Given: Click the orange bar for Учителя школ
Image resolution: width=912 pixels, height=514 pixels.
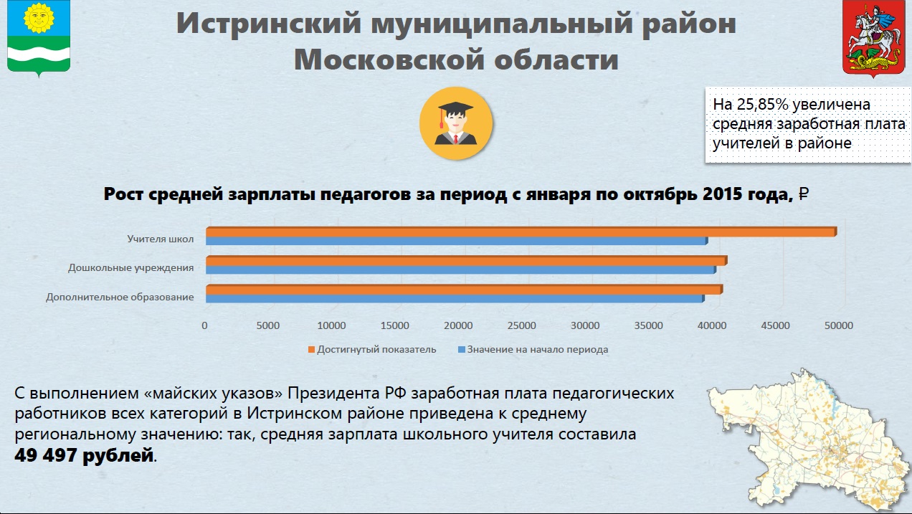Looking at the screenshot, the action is pyautogui.click(x=521, y=232).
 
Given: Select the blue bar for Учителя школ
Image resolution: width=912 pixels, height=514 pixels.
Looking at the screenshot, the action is pyautogui.click(x=457, y=241).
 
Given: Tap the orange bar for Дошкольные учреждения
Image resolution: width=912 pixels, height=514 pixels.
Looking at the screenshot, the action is pyautogui.click(x=467, y=261).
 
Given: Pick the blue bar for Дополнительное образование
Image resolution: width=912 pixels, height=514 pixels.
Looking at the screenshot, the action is pyautogui.click(x=455, y=299).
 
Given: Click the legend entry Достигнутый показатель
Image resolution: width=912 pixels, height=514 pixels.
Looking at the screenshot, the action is pyautogui.click(x=372, y=350).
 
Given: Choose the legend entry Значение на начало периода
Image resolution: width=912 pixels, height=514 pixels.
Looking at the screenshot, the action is pyautogui.click(x=533, y=350).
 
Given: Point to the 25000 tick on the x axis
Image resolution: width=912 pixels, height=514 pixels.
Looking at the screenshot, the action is pyautogui.click(x=521, y=325).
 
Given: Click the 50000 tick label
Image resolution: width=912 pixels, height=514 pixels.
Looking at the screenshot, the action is pyautogui.click(x=839, y=325).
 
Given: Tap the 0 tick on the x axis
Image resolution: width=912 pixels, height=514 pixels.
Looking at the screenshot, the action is pyautogui.click(x=204, y=325).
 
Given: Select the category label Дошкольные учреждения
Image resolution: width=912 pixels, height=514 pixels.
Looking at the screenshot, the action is pyautogui.click(x=130, y=268).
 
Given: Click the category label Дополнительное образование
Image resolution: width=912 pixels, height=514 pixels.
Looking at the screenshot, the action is pyautogui.click(x=120, y=297).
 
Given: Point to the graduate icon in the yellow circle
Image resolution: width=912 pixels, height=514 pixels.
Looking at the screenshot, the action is pyautogui.click(x=456, y=123).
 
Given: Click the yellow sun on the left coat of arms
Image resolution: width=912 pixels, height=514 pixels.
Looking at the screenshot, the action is pyautogui.click(x=39, y=17).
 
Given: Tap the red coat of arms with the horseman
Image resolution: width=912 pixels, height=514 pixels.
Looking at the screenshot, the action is pyautogui.click(x=873, y=38).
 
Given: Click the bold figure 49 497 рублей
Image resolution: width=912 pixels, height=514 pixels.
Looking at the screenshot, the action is pyautogui.click(x=84, y=455).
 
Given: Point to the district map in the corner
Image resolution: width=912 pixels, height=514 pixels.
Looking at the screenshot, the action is pyautogui.click(x=808, y=439).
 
